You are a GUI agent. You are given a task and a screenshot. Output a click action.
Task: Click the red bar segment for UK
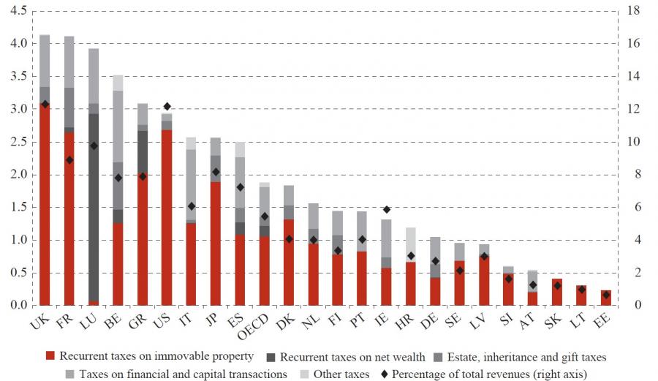(45, 205)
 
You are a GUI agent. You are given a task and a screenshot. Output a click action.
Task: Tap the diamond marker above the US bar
(167, 107)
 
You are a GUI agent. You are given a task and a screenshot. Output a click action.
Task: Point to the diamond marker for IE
(386, 210)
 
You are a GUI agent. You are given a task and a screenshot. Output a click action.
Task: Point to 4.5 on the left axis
(19, 11)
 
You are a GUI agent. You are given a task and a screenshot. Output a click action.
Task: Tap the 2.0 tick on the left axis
(19, 175)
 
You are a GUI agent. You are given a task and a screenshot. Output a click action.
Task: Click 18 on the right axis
(634, 11)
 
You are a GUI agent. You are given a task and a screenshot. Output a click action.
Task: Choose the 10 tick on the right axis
(634, 142)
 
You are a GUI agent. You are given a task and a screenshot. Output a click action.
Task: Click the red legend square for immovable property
(50, 357)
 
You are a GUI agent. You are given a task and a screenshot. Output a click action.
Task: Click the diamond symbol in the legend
(385, 374)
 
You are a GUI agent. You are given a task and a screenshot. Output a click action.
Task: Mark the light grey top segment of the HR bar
(411, 244)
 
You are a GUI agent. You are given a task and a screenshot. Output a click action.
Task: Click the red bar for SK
(557, 292)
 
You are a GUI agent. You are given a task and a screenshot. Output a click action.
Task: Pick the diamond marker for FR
(69, 159)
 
